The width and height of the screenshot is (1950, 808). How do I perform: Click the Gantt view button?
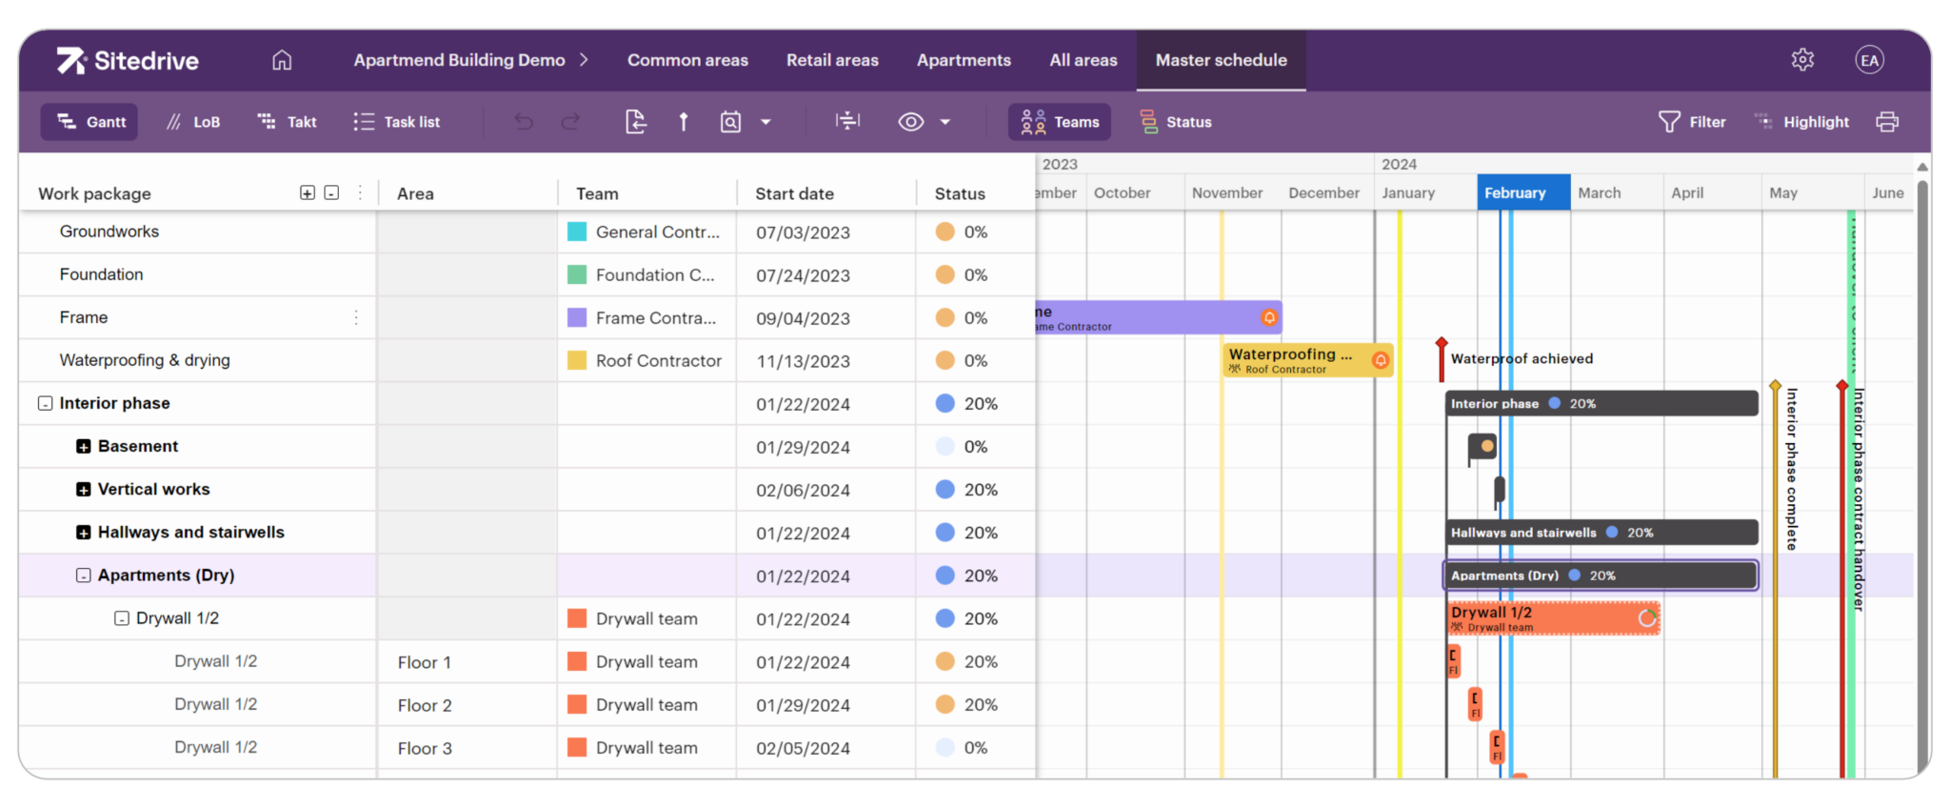click(x=90, y=122)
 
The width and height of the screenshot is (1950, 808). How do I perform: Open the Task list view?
click(x=397, y=122)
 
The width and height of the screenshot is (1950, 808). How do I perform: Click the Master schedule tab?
click(x=1221, y=60)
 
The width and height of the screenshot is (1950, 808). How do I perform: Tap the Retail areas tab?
click(x=832, y=60)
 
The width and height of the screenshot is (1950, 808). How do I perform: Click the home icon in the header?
click(x=282, y=60)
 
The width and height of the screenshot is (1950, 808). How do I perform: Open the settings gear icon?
click(x=1802, y=60)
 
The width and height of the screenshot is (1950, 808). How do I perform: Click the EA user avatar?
click(x=1869, y=60)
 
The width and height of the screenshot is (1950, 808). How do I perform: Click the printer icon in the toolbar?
click(x=1887, y=122)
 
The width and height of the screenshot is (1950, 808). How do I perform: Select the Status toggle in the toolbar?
click(x=1176, y=122)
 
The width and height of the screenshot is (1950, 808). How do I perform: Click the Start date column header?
click(x=794, y=193)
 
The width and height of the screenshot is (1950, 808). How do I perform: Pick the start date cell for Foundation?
click(x=803, y=275)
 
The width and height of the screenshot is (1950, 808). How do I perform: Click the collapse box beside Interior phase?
click(x=45, y=403)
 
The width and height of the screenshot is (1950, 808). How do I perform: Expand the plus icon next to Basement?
click(x=84, y=446)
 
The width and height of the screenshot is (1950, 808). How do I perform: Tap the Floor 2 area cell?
click(x=425, y=705)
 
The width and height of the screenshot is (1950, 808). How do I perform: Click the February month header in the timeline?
click(x=1522, y=192)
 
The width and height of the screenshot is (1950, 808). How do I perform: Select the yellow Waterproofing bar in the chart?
click(x=1295, y=360)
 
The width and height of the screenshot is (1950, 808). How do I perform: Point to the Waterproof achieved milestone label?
click(x=1521, y=359)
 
